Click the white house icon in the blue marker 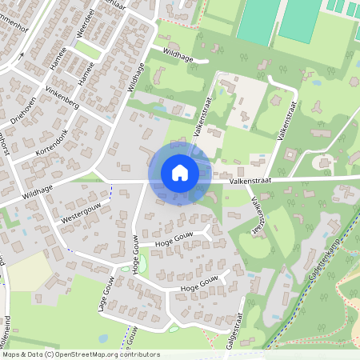180,172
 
